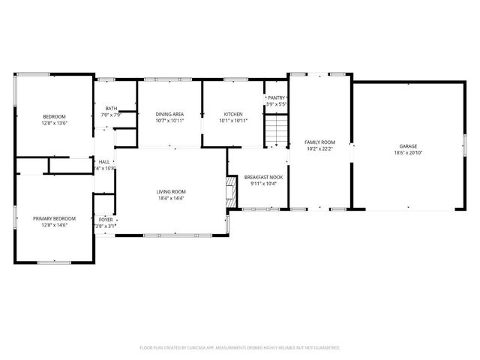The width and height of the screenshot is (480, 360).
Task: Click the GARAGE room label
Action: click(x=408, y=146)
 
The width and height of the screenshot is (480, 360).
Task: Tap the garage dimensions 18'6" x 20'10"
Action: click(x=408, y=153)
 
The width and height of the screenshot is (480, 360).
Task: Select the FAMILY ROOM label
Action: click(x=319, y=142)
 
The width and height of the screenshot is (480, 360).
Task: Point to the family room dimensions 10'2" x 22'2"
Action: click(x=319, y=148)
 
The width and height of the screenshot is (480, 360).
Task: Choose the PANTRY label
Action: click(x=277, y=98)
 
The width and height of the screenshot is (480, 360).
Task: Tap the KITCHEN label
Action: click(x=233, y=114)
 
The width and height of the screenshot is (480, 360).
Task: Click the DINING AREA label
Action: click(x=169, y=114)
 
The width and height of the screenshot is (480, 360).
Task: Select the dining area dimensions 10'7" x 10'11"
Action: click(x=169, y=121)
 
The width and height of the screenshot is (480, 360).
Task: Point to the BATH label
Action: click(x=111, y=108)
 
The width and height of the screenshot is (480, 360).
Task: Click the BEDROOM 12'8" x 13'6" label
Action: click(x=54, y=116)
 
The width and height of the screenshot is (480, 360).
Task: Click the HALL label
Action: click(x=103, y=161)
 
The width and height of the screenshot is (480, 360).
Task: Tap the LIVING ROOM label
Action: click(x=171, y=192)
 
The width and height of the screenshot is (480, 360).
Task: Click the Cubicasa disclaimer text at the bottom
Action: click(x=240, y=348)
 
